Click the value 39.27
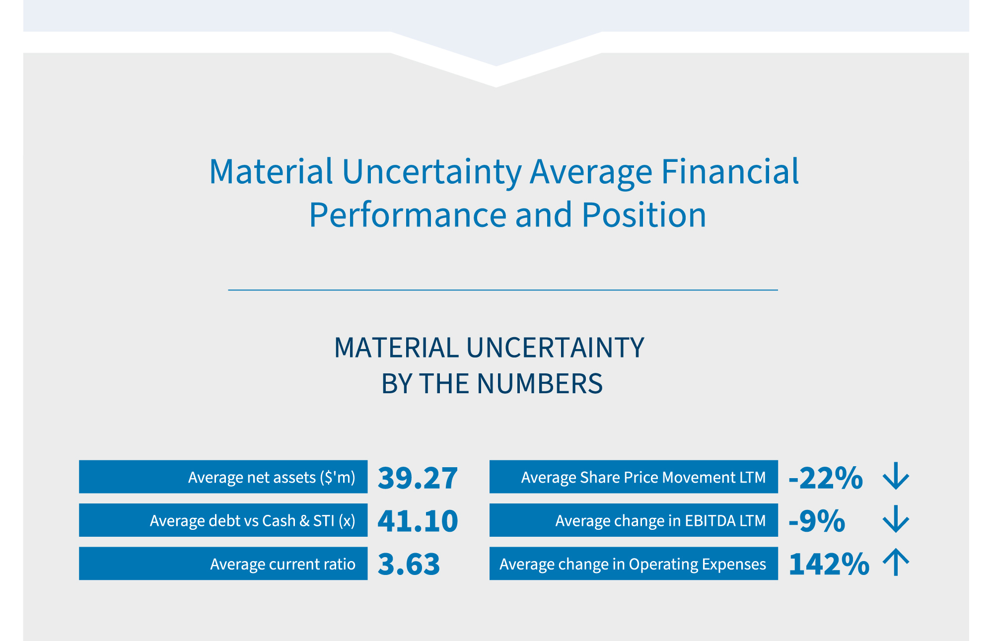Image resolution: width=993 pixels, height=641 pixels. click(417, 478)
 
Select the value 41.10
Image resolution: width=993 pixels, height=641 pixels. click(417, 521)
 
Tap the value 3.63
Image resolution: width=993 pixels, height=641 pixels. click(409, 565)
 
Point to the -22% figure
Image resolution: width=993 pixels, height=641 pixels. click(826, 478)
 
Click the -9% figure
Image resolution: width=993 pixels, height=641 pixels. click(817, 521)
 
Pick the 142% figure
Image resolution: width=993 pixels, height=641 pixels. click(828, 565)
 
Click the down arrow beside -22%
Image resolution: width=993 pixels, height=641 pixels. click(896, 477)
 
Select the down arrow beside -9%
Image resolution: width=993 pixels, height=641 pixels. click(896, 520)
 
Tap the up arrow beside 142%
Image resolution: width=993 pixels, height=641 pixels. click(896, 563)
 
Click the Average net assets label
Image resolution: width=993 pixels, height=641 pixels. click(272, 477)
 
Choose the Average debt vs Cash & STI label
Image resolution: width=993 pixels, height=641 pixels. click(252, 520)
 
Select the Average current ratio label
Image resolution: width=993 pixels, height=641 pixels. click(282, 564)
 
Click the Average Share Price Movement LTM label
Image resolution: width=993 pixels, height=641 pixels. click(643, 477)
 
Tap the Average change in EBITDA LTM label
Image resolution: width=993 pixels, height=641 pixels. click(660, 520)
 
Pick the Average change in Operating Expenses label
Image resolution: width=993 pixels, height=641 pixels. click(633, 564)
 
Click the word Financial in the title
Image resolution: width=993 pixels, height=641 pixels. click(730, 172)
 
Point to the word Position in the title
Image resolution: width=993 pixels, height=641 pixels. click(643, 215)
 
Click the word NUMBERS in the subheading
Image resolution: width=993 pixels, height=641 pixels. click(539, 384)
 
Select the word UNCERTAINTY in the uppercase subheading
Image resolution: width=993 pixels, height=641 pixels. click(555, 348)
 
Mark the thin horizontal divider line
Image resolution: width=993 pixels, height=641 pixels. click(502, 290)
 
